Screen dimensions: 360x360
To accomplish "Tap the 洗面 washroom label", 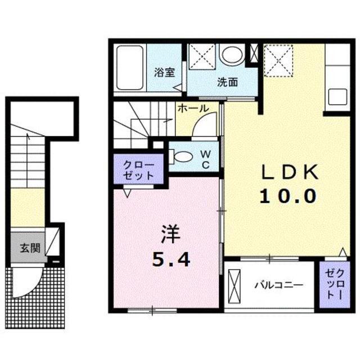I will (x=228, y=82).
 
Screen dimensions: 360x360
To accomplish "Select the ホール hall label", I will (x=193, y=109).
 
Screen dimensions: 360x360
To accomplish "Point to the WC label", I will (x=206, y=159).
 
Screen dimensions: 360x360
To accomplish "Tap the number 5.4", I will (x=171, y=259).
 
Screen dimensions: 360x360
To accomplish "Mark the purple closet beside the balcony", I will (x=335, y=284).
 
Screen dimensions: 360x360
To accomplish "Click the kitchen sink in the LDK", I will (x=336, y=96).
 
